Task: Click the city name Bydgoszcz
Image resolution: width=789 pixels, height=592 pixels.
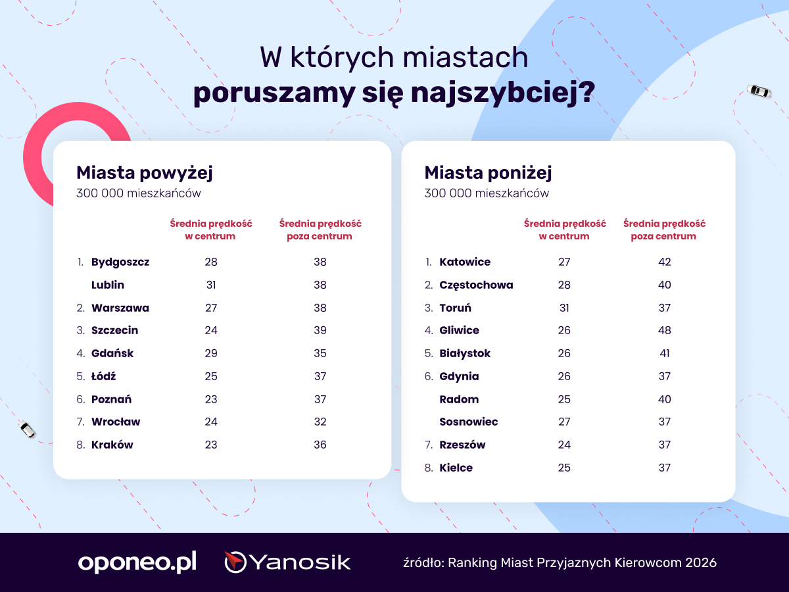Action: click(120, 262)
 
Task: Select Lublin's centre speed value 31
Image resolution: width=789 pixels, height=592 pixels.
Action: click(211, 285)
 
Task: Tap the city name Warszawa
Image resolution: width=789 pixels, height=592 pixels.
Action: click(120, 308)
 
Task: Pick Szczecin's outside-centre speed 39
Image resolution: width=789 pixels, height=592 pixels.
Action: click(320, 330)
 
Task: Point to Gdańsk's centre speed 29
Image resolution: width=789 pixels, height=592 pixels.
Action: click(211, 353)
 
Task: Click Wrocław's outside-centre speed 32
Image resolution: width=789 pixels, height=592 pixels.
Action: click(320, 422)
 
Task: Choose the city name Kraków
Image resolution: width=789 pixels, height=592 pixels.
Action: click(112, 445)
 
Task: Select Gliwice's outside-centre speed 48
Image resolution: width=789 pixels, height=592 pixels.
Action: click(664, 330)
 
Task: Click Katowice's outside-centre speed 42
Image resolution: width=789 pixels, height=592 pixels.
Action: click(664, 262)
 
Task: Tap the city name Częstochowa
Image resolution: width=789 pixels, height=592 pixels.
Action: click(476, 285)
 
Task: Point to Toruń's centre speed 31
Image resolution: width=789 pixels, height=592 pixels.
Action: click(564, 308)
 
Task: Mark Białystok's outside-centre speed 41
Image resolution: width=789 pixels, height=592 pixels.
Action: click(664, 353)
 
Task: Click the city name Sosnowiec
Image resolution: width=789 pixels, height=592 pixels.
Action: click(469, 422)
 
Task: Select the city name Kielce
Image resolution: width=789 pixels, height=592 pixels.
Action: click(456, 468)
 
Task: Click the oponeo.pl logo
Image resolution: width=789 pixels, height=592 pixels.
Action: click(137, 562)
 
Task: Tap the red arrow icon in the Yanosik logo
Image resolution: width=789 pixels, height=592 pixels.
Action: click(234, 560)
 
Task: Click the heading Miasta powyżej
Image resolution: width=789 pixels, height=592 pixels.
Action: click(145, 173)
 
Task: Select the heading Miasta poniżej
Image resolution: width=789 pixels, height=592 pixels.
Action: click(488, 173)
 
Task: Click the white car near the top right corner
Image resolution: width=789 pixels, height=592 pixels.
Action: click(759, 91)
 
